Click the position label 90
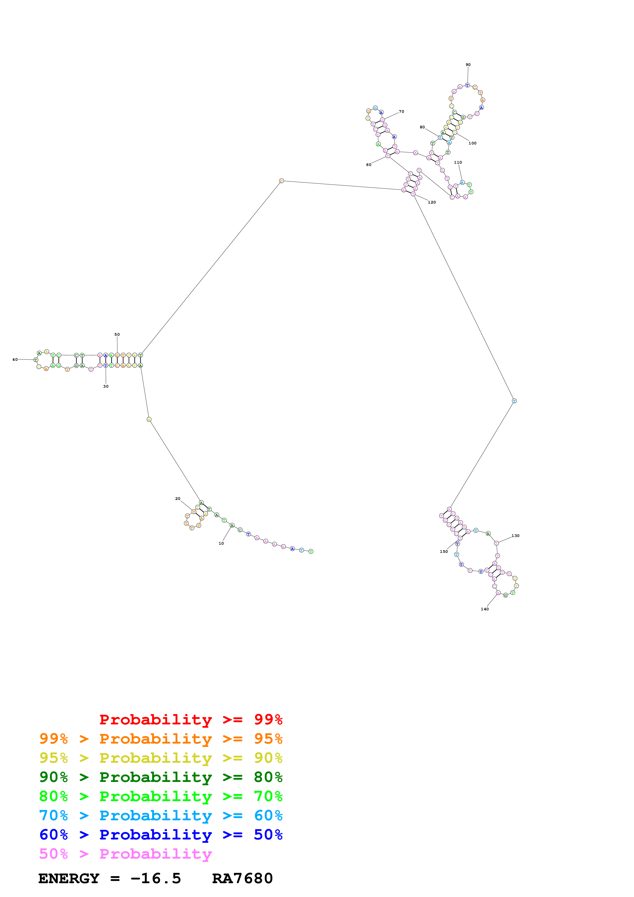point(468,65)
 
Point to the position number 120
point(432,202)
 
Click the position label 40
point(15,360)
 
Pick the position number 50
point(117,334)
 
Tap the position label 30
point(105,386)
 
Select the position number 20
point(178,499)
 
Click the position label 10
point(221,543)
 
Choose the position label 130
point(515,536)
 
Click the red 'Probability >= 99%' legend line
point(191,720)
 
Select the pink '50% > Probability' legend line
point(125,854)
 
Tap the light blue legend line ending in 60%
point(161,815)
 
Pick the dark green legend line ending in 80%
point(161,777)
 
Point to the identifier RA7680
point(242,879)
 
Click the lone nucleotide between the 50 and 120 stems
point(281,181)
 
